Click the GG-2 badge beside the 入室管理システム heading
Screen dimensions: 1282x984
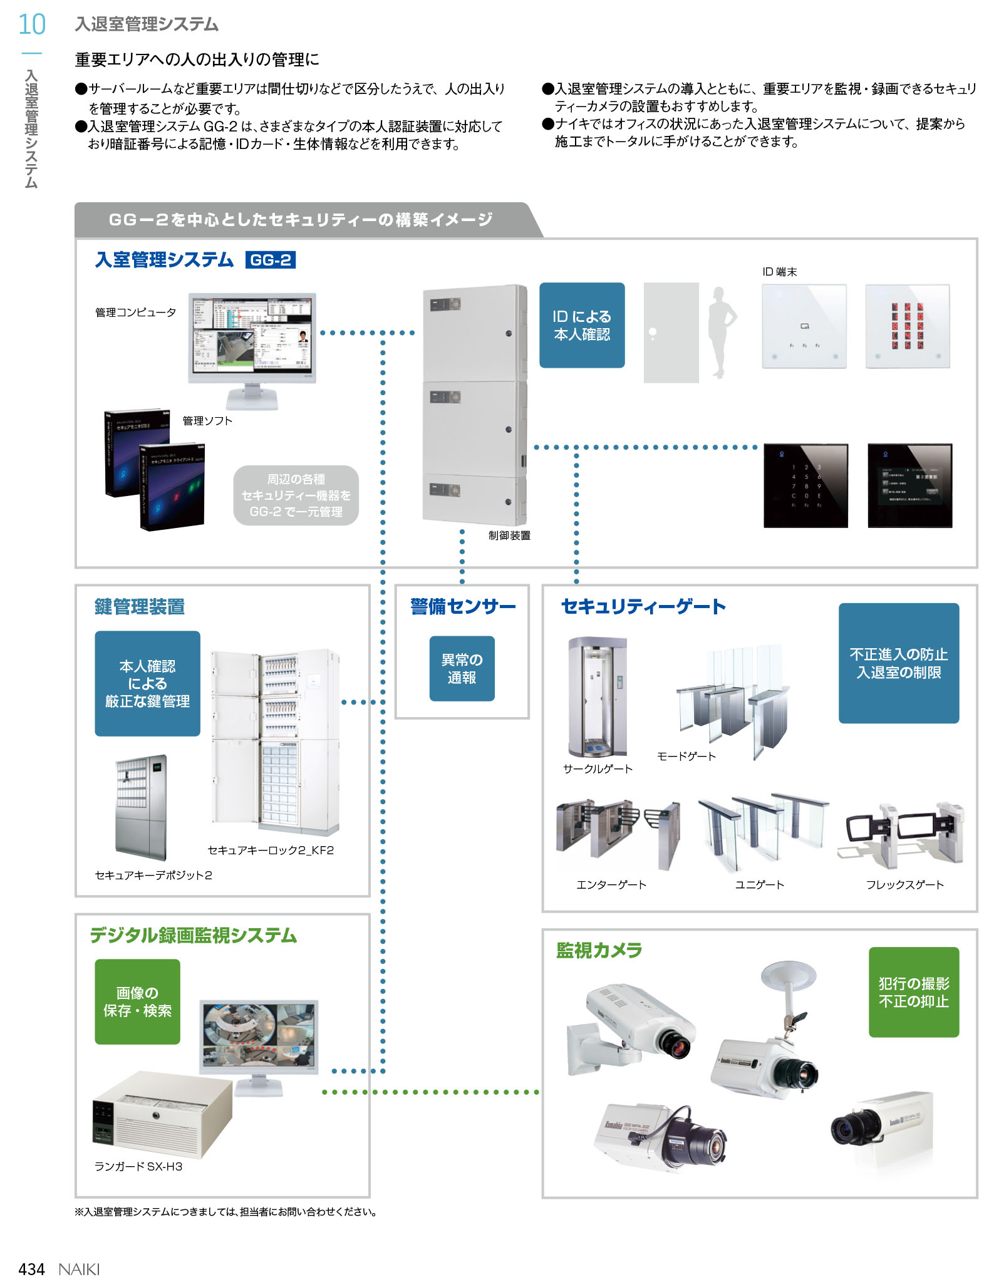[x=271, y=260]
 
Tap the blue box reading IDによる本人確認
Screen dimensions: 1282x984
[x=581, y=325]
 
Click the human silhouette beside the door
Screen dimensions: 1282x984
[x=721, y=332]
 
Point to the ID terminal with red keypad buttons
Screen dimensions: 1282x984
[x=907, y=326]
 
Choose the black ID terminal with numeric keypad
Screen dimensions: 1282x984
[x=805, y=485]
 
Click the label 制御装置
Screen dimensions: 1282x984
[x=509, y=535]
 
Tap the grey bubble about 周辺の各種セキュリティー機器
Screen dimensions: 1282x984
[x=296, y=495]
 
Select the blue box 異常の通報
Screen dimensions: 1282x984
[x=462, y=668]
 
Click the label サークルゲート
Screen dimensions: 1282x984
[x=598, y=769]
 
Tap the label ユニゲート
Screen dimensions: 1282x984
[x=759, y=885]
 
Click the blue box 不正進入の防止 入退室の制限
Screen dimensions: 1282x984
[x=898, y=663]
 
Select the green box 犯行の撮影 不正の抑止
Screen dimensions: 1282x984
[x=913, y=992]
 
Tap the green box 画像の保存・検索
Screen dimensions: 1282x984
[x=137, y=1001]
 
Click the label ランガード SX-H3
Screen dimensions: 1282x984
[x=138, y=1166]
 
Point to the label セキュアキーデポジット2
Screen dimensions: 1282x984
[x=153, y=875]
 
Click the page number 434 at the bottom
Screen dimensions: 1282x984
[x=32, y=1269]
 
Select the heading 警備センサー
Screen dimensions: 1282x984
[x=463, y=606]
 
